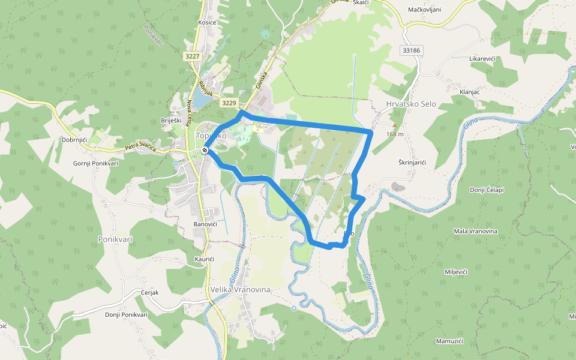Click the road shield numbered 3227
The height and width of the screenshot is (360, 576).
click(x=193, y=56)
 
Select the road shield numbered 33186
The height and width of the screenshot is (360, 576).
click(x=412, y=50)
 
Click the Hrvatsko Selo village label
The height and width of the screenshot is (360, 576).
click(x=411, y=104)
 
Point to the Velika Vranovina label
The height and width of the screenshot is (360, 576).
click(x=241, y=289)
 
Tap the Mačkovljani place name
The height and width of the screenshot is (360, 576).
click(x=424, y=10)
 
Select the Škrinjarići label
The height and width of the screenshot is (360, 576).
click(x=412, y=163)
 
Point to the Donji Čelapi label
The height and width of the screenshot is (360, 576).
click(x=487, y=190)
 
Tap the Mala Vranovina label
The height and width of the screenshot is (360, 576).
click(x=475, y=232)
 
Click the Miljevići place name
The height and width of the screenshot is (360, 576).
click(x=456, y=272)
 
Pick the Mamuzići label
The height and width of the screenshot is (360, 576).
click(x=449, y=341)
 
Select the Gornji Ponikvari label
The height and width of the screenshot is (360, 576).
click(x=95, y=163)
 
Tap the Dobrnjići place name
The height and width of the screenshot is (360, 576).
click(x=74, y=139)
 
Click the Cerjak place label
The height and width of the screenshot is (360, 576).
click(x=149, y=292)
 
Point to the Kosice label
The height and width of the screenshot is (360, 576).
click(x=207, y=22)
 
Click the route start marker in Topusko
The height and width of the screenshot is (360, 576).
click(x=205, y=150)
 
